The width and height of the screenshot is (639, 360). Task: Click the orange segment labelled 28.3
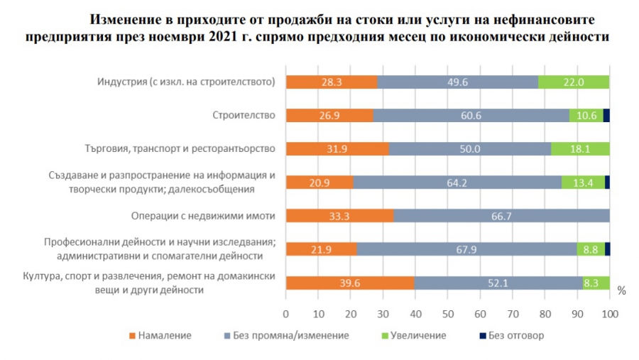[x=332, y=82]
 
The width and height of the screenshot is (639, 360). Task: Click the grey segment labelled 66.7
[x=501, y=217]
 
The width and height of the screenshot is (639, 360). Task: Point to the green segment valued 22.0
[x=574, y=82]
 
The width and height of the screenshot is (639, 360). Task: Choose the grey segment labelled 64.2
[x=457, y=182]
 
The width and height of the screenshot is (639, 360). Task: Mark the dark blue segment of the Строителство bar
[x=606, y=116]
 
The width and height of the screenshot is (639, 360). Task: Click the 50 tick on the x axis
[x=448, y=313]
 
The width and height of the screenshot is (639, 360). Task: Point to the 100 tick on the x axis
[x=609, y=313]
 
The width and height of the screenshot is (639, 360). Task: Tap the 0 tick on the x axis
[x=286, y=313]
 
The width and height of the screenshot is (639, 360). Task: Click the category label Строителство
[x=244, y=116]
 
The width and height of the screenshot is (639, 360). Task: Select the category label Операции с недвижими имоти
[x=203, y=217]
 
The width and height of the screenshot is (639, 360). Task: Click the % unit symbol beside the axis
[x=621, y=291]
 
